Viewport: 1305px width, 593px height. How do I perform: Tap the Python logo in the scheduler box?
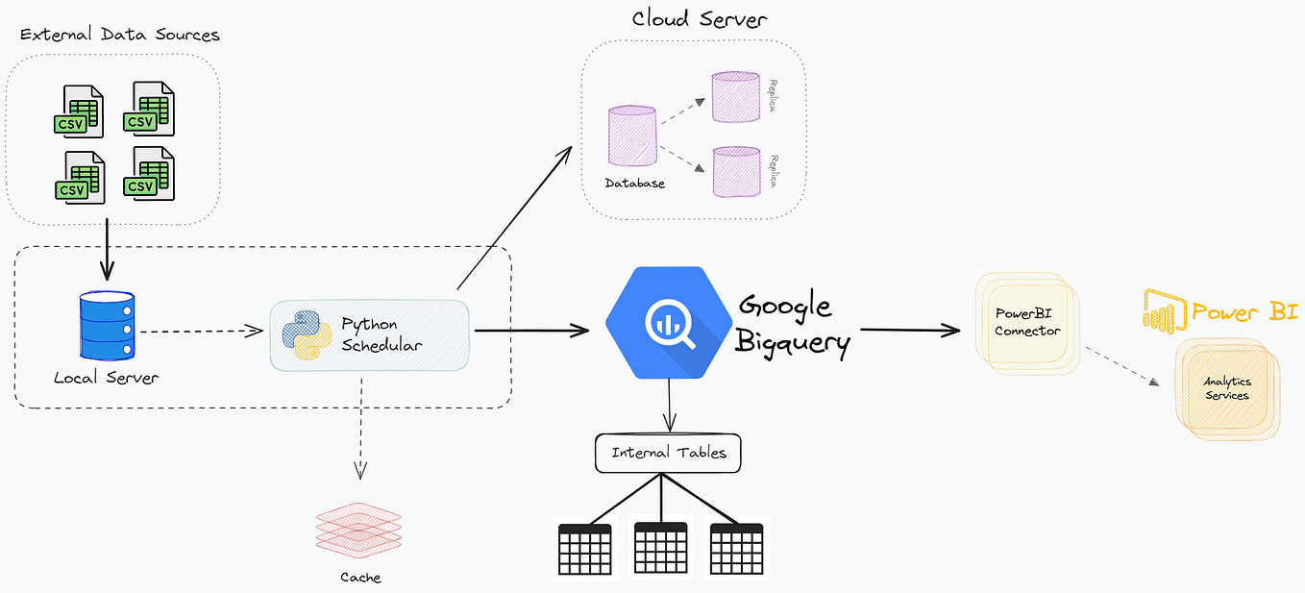(307, 335)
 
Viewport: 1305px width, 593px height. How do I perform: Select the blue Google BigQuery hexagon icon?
(666, 322)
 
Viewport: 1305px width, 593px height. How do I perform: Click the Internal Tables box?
(669, 453)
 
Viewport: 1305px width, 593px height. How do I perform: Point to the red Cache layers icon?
(358, 531)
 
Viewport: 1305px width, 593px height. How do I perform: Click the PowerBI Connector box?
(1026, 322)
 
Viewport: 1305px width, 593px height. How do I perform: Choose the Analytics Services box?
(1227, 388)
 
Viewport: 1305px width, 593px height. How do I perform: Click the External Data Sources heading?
(120, 36)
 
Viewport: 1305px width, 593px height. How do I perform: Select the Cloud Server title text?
(699, 19)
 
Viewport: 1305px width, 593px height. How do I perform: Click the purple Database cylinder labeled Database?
(632, 138)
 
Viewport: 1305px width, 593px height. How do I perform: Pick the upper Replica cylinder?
(736, 96)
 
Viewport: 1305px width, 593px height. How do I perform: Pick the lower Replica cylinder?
(736, 171)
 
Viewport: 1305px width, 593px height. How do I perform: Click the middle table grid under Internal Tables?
(660, 549)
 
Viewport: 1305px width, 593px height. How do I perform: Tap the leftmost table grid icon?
(585, 551)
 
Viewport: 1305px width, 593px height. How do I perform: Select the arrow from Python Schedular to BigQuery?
(530, 332)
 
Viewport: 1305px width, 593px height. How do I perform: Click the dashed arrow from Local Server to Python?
(200, 332)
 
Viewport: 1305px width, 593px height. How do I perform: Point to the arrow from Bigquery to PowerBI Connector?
(908, 331)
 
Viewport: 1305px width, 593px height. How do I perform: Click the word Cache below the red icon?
(360, 578)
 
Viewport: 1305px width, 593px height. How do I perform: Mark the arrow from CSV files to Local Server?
(107, 251)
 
